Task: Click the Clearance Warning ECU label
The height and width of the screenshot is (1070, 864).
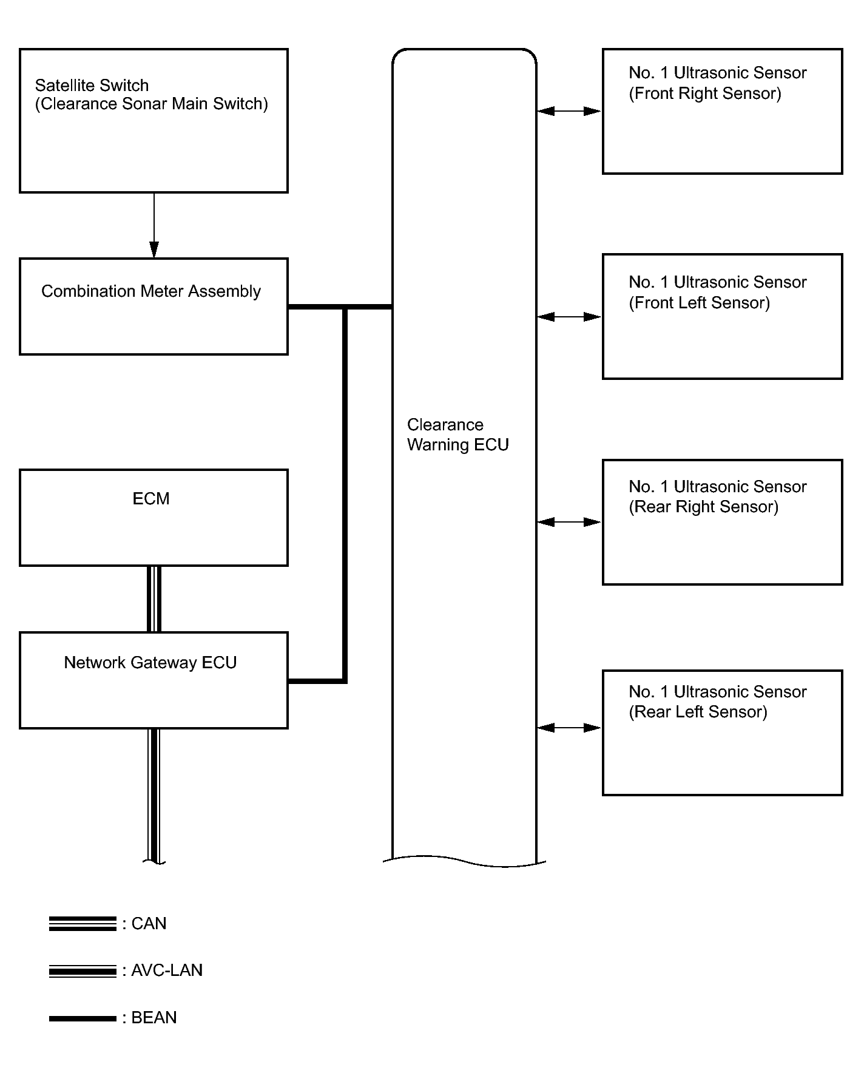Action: pos(458,435)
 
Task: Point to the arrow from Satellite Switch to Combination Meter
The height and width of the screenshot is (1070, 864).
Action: pos(154,226)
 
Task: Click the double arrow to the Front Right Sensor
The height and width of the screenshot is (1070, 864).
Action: pos(569,111)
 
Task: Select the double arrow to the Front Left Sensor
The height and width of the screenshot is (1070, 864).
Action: pos(569,316)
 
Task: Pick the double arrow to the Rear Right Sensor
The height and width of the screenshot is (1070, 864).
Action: pos(569,522)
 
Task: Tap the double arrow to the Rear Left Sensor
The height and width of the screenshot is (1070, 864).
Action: pos(569,727)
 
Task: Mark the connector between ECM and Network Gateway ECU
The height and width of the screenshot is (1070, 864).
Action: pos(154,600)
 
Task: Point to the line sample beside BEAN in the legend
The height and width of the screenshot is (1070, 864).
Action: pos(83,1018)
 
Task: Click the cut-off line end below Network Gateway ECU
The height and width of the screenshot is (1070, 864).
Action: pos(154,861)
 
